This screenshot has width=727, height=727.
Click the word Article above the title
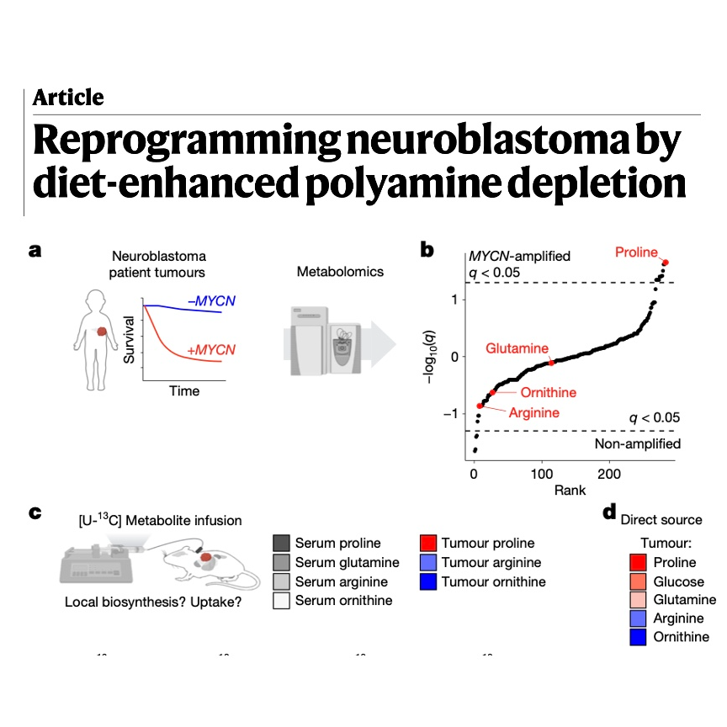pos(68,98)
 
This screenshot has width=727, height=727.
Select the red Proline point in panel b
pos(666,263)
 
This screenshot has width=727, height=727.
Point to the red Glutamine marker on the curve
pos(551,363)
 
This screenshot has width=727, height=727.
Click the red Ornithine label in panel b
pos(548,393)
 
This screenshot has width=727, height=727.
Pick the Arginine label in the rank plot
pos(534,412)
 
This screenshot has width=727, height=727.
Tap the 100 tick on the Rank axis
pos(542,474)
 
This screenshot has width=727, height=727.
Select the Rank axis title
pos(570,491)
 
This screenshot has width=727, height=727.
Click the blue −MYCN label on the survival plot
pos(211,301)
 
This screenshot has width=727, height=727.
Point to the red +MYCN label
pos(211,349)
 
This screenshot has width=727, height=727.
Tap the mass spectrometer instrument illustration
pos(326,341)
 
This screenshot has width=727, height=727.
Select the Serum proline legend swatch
pos(281,543)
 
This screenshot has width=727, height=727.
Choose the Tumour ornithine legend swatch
pos(428,582)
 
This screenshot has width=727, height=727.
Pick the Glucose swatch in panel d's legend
pos(638,581)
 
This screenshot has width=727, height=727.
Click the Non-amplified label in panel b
pos(638,443)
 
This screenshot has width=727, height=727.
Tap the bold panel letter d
pos(609,512)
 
